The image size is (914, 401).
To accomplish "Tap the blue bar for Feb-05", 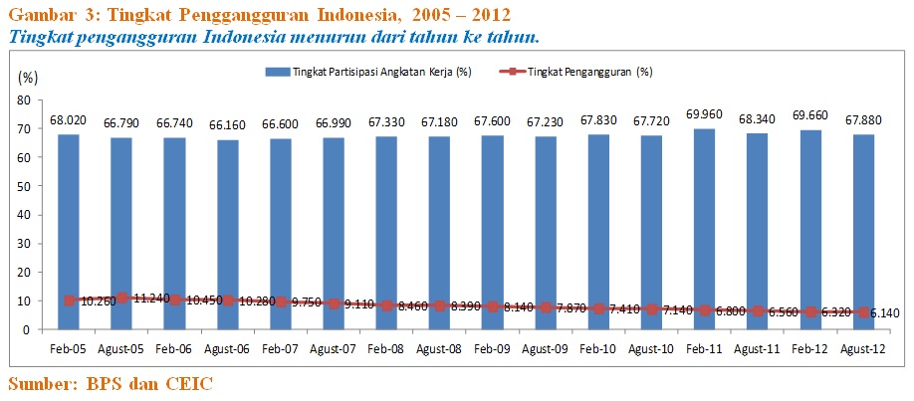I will (69, 219).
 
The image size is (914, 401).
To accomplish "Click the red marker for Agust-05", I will (121, 298).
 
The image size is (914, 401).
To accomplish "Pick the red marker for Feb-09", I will (493, 306).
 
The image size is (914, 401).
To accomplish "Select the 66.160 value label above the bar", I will (228, 124).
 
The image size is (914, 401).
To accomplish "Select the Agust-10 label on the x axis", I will (652, 349).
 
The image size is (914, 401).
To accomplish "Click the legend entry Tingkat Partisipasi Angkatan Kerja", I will (368, 72).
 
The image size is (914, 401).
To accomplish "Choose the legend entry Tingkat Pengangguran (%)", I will (577, 72).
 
